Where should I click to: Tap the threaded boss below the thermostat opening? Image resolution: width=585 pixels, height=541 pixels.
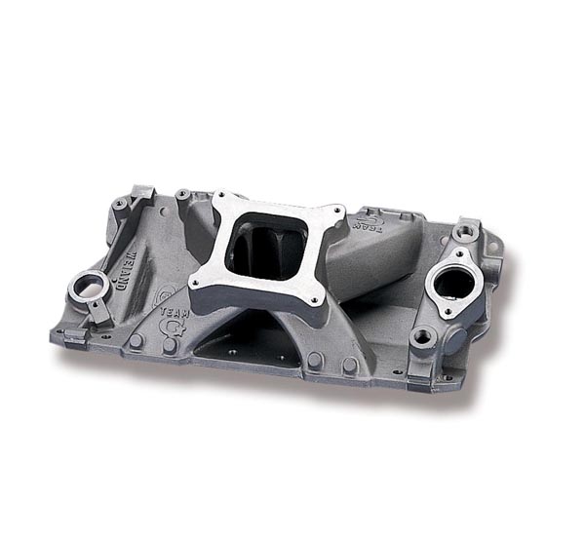[422, 337]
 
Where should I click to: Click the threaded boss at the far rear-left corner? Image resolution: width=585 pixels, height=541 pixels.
[120, 206]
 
